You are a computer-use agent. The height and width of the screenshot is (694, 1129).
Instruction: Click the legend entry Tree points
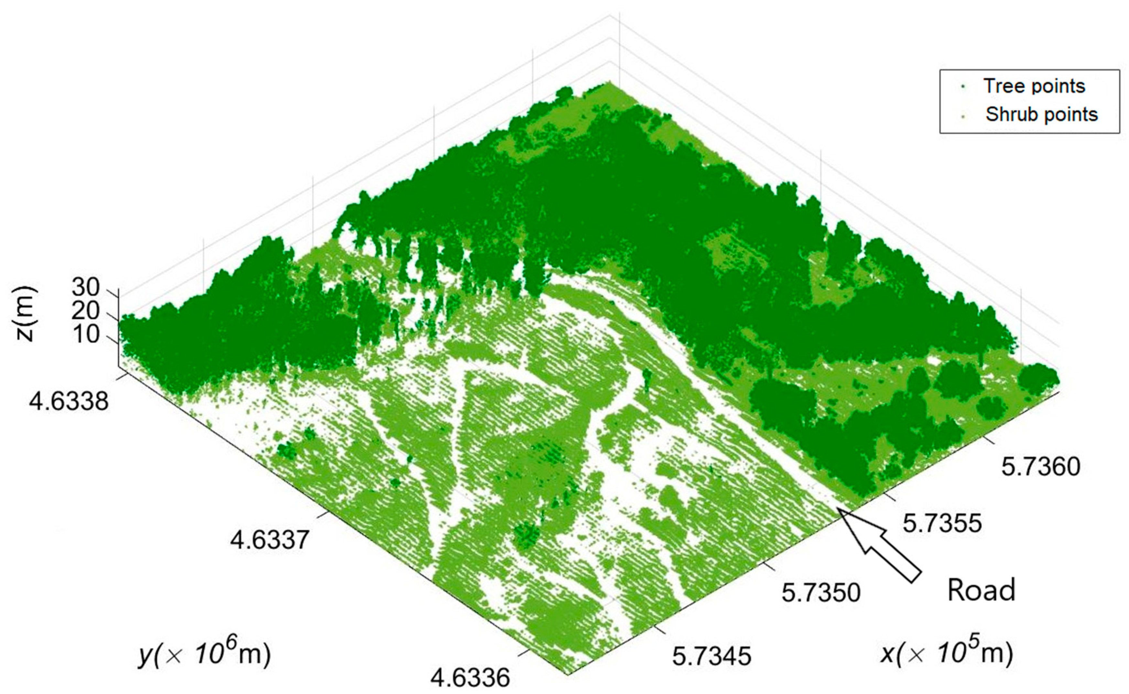click(x=1034, y=86)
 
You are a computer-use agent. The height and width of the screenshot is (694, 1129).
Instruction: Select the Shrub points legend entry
click(x=1041, y=114)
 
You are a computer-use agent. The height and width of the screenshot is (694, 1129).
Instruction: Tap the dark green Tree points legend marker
click(x=963, y=87)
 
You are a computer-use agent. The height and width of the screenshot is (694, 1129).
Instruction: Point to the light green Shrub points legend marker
click(x=963, y=115)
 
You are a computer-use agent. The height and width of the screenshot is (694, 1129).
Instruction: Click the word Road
click(x=981, y=590)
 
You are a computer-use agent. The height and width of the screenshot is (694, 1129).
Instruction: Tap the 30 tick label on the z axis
click(x=85, y=288)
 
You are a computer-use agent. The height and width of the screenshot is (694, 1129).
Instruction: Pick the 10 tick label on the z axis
click(x=85, y=335)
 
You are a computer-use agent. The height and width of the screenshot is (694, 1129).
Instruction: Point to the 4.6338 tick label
click(x=69, y=402)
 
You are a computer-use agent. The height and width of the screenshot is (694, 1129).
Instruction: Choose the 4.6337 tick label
click(x=270, y=540)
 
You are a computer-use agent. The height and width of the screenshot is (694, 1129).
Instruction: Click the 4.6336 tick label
click(x=470, y=678)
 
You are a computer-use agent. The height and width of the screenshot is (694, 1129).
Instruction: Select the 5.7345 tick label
click(x=712, y=656)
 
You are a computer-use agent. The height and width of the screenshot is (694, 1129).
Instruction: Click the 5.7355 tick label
click(x=942, y=523)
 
